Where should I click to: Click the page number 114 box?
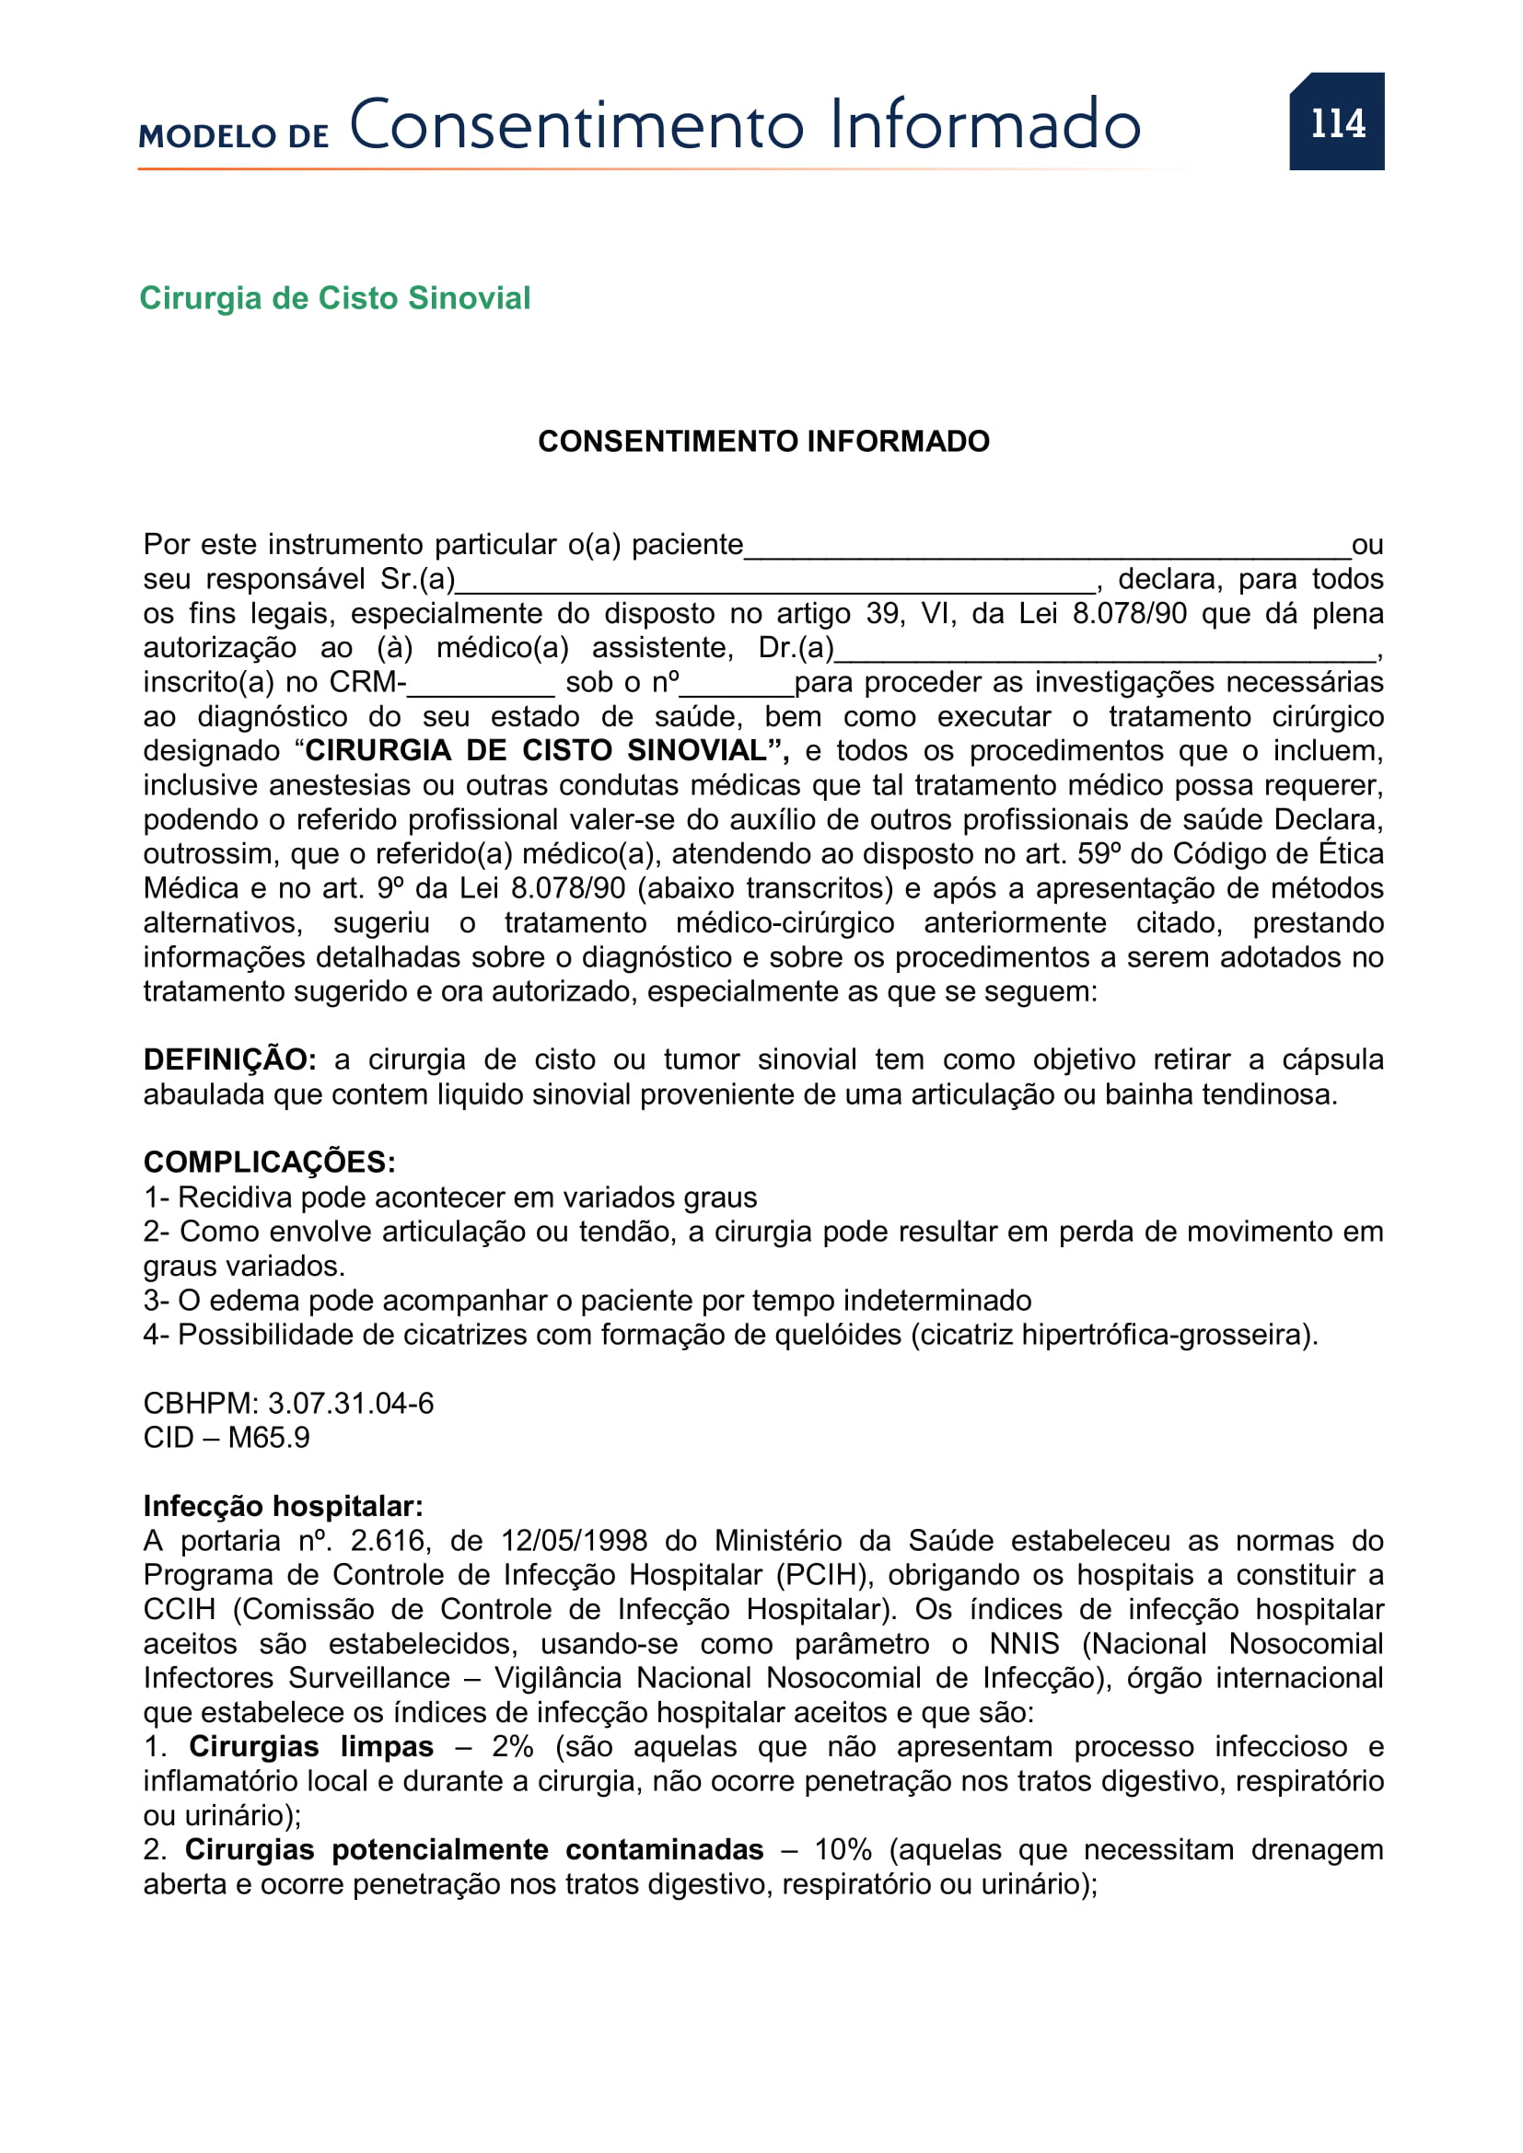[1335, 122]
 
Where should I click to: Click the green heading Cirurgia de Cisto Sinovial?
[335, 298]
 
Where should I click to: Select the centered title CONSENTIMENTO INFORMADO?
[763, 442]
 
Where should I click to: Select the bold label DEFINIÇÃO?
[230, 1059]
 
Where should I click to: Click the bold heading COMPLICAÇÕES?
[269, 1163]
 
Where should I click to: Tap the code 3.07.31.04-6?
[351, 1404]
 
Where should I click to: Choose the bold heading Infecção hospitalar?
[284, 1507]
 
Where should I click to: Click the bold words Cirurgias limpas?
[310, 1747]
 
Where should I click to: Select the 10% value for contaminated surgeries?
[843, 1850]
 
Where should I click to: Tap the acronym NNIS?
[1024, 1644]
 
